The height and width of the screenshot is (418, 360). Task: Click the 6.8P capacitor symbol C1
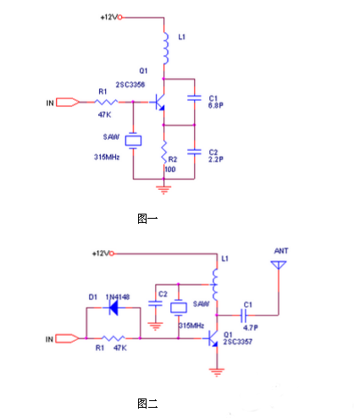click(194, 98)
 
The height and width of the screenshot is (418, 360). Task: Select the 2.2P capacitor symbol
click(194, 152)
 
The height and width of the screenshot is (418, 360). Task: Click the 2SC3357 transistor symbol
click(213, 338)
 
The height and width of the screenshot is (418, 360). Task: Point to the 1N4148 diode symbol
click(114, 308)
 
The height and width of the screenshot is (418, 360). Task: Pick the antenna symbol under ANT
click(279, 265)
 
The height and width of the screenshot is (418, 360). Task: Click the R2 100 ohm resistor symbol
click(163, 152)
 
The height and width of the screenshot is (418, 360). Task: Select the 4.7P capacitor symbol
click(244, 315)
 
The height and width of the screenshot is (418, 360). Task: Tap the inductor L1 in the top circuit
click(165, 48)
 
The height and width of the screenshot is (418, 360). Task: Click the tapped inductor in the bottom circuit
click(214, 284)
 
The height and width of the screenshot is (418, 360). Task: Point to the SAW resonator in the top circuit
click(133, 141)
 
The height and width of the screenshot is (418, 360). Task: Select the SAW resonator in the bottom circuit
click(179, 308)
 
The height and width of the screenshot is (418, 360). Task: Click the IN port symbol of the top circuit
click(68, 103)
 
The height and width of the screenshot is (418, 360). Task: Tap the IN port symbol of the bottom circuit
click(67, 338)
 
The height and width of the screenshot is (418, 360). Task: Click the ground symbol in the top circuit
click(163, 190)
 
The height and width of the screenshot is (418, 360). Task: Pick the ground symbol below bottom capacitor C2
click(155, 326)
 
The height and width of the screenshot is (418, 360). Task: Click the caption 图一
click(147, 219)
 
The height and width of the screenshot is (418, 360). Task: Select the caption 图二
click(147, 404)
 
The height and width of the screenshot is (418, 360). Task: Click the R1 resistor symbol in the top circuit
click(106, 102)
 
